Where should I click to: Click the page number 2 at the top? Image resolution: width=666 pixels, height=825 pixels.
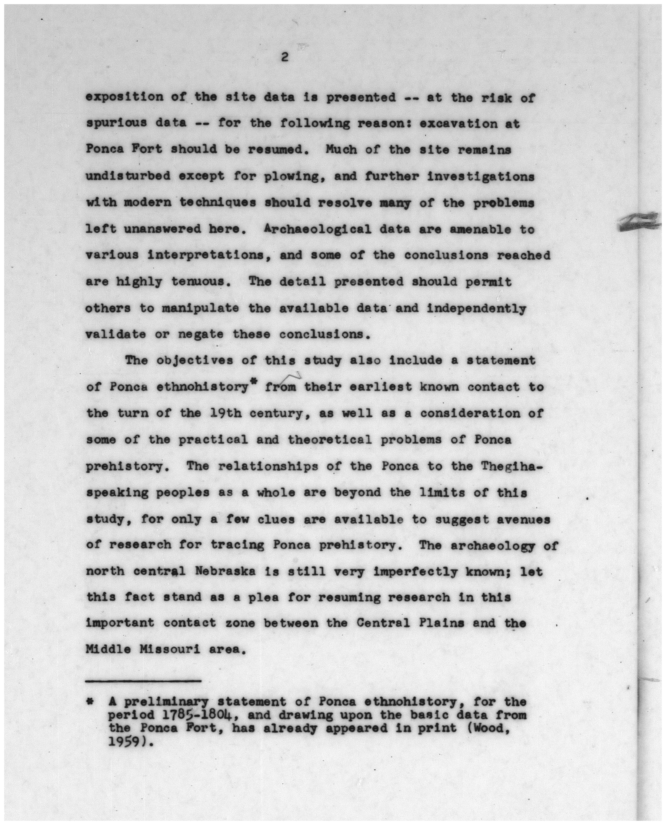coord(284,58)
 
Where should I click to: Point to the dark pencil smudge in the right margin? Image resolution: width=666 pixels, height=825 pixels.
coord(640,223)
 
